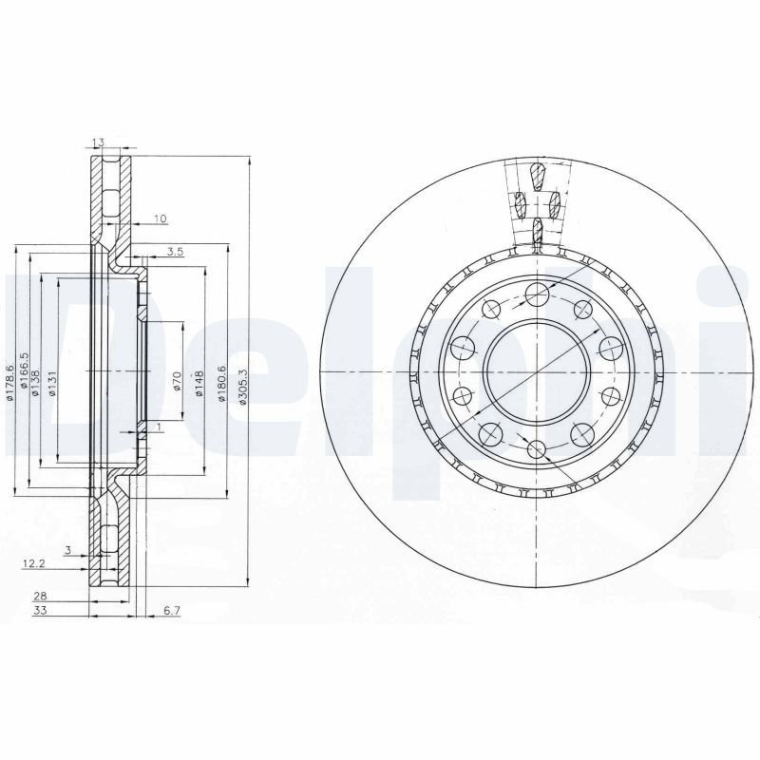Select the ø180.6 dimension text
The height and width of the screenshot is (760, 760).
(221, 385)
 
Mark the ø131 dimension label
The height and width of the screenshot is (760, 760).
(52, 384)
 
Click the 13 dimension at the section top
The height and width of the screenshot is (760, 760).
(98, 142)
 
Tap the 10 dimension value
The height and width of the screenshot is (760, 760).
(159, 219)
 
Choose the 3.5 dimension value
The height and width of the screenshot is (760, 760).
(174, 252)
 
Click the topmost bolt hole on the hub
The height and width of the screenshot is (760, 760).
(536, 293)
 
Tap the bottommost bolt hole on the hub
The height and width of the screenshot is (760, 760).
(536, 448)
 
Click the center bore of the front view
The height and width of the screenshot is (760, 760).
(536, 370)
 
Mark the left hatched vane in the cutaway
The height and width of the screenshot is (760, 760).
(520, 202)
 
